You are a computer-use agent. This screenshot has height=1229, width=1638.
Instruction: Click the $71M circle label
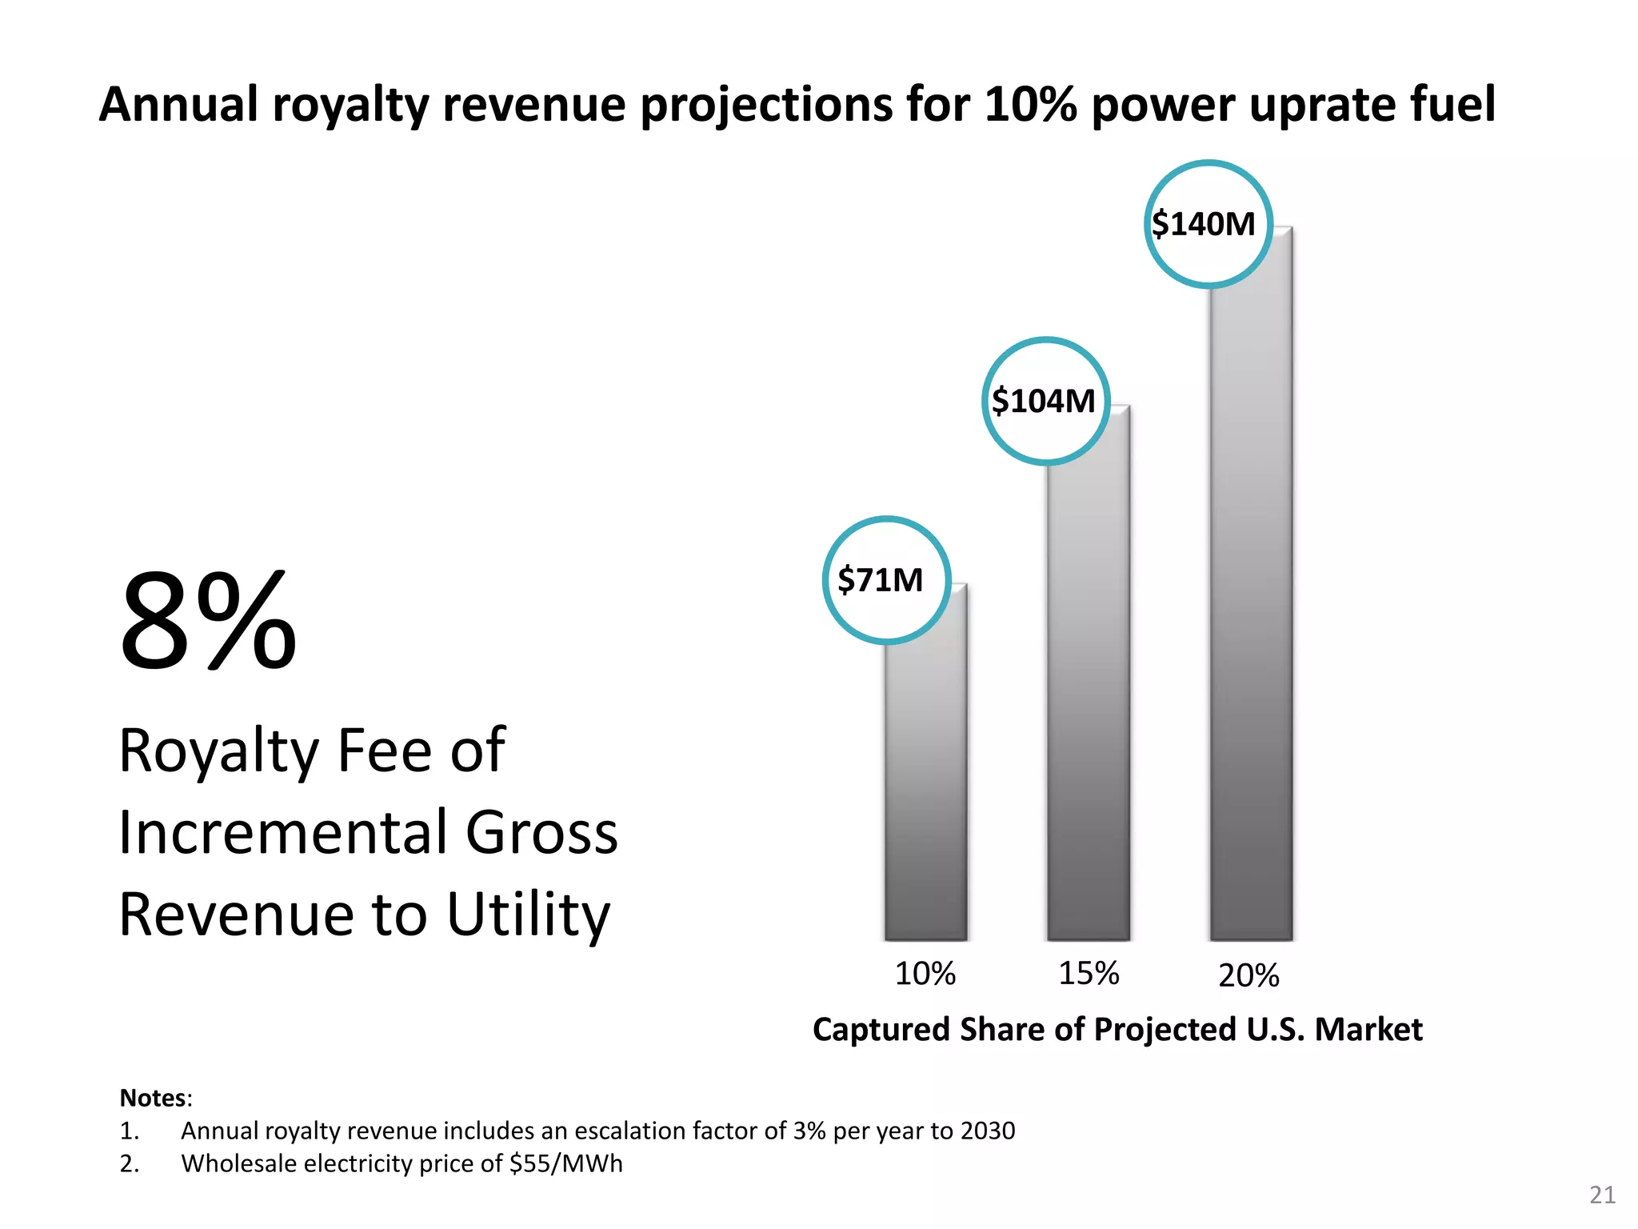[886, 580]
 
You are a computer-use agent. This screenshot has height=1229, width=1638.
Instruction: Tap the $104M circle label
[1045, 401]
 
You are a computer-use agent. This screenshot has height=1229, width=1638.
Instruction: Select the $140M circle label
[1208, 224]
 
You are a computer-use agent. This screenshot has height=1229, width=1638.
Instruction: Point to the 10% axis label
[925, 974]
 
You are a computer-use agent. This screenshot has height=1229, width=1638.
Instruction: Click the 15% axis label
[1089, 974]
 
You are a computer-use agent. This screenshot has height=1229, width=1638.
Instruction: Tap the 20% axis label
[1248, 976]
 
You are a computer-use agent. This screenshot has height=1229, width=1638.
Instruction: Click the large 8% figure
[208, 621]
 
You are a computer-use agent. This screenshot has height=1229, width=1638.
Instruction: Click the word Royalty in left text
[218, 751]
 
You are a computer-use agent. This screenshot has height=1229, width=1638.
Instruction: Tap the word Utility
[528, 915]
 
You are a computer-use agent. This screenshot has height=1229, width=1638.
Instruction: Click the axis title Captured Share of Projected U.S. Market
[1117, 1030]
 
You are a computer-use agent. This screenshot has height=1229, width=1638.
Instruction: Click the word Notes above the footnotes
[153, 1098]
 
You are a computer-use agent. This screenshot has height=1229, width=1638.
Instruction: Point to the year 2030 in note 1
[988, 1131]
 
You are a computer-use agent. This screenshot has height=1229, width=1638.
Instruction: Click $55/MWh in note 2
[565, 1163]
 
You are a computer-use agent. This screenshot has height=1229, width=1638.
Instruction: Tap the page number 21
[1602, 1195]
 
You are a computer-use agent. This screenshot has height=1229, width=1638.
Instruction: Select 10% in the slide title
[1031, 105]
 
